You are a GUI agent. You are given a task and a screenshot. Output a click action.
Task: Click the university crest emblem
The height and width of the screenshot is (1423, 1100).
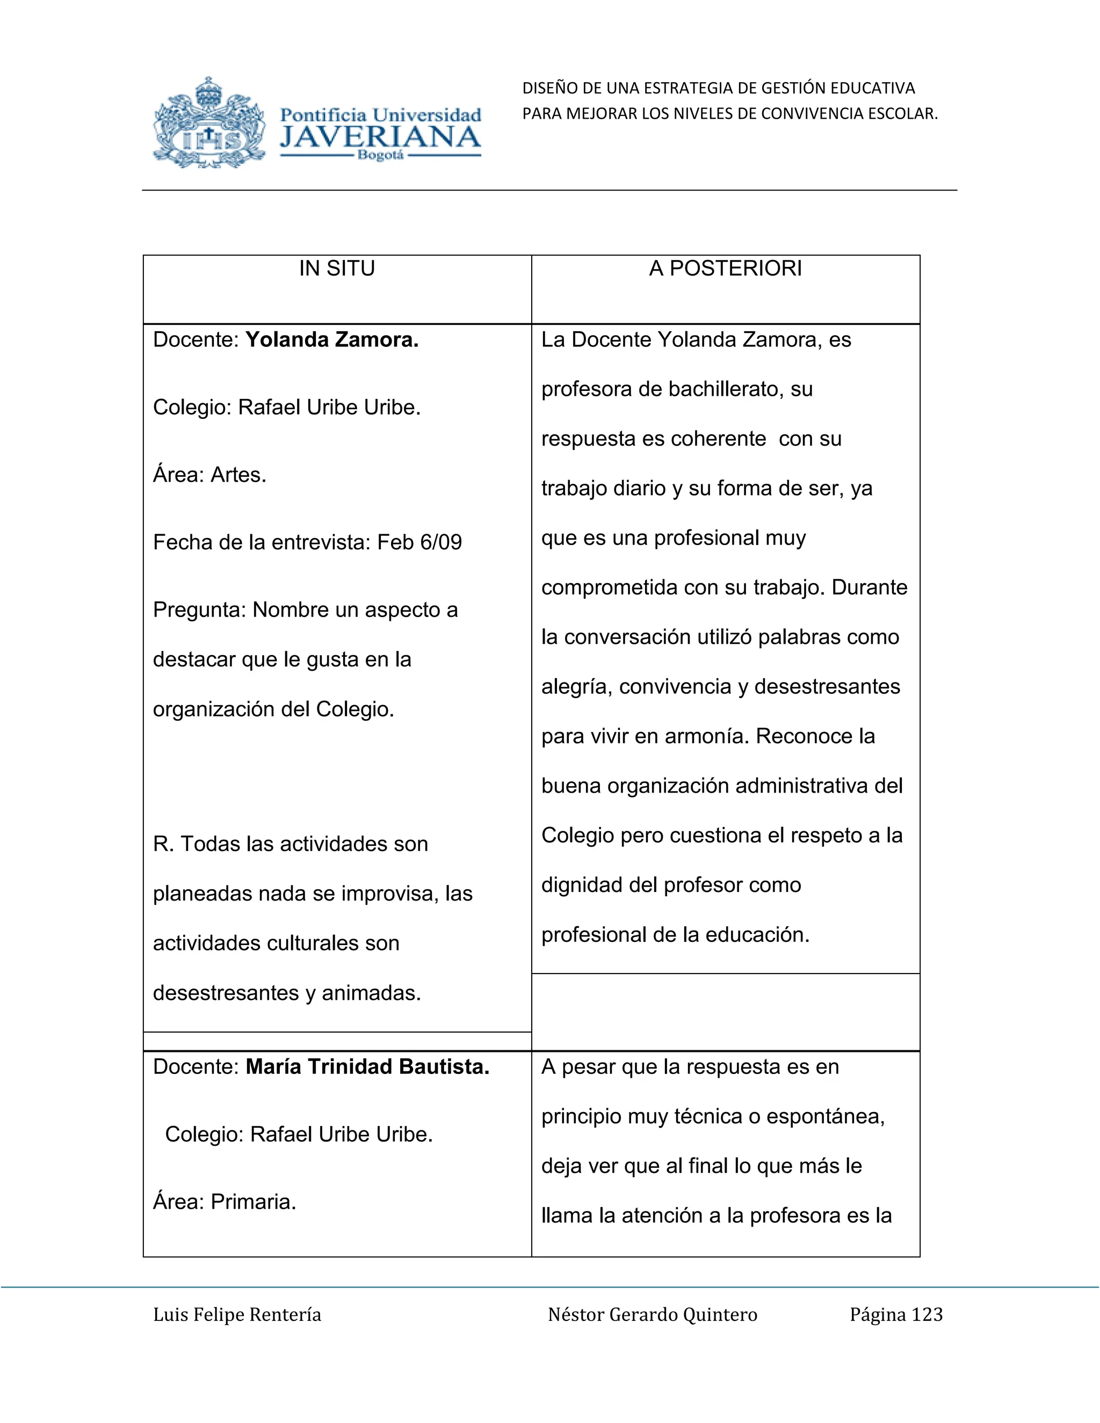point(209,123)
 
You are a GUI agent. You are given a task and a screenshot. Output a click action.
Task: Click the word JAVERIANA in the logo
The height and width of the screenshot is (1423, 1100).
point(380,137)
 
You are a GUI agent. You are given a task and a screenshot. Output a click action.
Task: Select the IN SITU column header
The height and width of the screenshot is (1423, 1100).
point(337,268)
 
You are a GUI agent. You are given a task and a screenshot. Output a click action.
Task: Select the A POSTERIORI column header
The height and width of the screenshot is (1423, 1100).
point(725,268)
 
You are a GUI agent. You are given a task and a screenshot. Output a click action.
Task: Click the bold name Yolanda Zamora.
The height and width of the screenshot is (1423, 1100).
point(332,339)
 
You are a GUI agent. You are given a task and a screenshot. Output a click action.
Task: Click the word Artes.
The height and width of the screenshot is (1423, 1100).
point(238,474)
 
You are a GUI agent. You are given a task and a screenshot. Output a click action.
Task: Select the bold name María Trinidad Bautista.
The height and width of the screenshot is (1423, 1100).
point(367,1066)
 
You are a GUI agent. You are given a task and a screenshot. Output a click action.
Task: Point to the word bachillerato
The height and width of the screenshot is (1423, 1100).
point(717,389)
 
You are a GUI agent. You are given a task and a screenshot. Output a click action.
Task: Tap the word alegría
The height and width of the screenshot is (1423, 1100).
point(577,687)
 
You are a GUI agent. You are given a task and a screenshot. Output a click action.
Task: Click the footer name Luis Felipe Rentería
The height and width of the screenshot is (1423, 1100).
point(237,1315)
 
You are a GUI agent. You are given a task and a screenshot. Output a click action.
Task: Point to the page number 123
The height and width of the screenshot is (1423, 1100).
point(927,1315)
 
